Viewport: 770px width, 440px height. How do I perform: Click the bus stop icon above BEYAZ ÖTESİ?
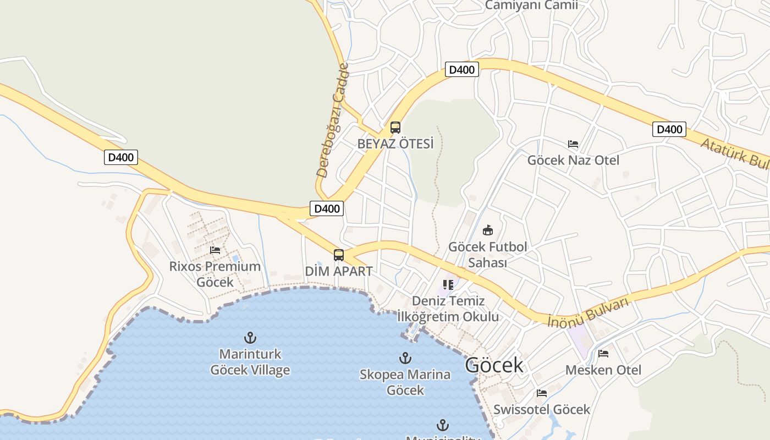click(x=395, y=128)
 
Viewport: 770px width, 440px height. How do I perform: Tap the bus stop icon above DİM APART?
click(x=338, y=255)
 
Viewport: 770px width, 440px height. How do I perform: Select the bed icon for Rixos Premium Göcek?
click(x=215, y=250)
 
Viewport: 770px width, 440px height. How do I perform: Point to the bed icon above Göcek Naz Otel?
click(x=573, y=144)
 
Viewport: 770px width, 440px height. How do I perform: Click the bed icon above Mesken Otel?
click(x=603, y=354)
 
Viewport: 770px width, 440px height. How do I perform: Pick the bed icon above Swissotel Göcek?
click(x=542, y=393)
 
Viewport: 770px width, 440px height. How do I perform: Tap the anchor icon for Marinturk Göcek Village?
click(x=250, y=337)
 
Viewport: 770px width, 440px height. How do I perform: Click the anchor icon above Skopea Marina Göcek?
click(x=405, y=358)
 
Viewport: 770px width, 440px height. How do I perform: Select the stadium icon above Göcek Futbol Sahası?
click(x=487, y=230)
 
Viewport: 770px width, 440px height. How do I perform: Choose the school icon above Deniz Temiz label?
click(x=448, y=285)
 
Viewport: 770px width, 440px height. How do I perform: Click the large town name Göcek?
click(x=494, y=365)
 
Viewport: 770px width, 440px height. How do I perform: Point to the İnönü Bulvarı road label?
click(x=588, y=312)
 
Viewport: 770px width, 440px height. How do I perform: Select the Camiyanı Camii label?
click(x=531, y=5)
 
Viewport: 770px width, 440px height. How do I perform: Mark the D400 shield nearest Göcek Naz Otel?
click(x=669, y=129)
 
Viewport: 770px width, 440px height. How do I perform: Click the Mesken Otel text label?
click(x=603, y=370)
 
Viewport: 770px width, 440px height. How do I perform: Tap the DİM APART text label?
click(x=339, y=272)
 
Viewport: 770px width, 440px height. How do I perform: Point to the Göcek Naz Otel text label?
click(x=573, y=161)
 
